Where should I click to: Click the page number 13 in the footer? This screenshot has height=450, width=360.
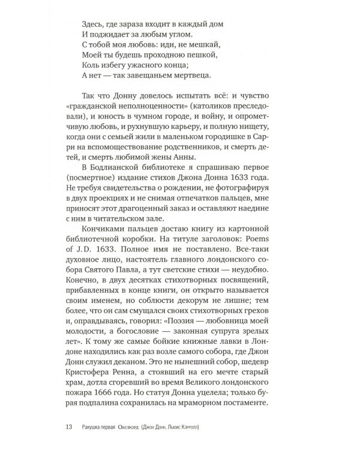(68, 427)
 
